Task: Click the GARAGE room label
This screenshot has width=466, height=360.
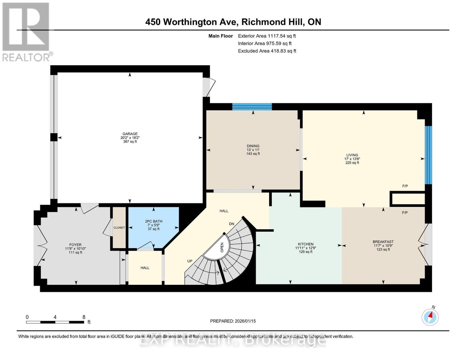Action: (130, 134)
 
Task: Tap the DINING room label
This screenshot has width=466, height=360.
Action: (253, 146)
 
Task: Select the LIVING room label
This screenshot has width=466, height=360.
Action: (352, 155)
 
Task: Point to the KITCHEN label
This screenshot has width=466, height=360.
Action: (305, 244)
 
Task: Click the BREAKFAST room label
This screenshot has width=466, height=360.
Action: (383, 242)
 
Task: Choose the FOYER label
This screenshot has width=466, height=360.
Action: (75, 245)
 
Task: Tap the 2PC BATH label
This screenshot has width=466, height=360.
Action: (153, 221)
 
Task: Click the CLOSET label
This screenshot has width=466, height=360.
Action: (119, 228)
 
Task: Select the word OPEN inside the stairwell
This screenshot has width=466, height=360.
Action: (222, 247)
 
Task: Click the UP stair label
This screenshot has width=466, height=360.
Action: (190, 261)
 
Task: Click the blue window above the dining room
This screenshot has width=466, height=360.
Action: (252, 106)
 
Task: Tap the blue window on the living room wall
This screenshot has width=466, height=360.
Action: (428, 155)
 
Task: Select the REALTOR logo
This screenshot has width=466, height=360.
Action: (26, 31)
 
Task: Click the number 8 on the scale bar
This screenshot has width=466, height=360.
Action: (84, 317)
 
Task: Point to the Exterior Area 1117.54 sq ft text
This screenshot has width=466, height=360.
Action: (267, 36)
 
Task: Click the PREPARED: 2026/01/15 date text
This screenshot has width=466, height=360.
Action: (233, 321)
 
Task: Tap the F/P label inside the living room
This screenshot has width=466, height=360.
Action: (405, 186)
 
